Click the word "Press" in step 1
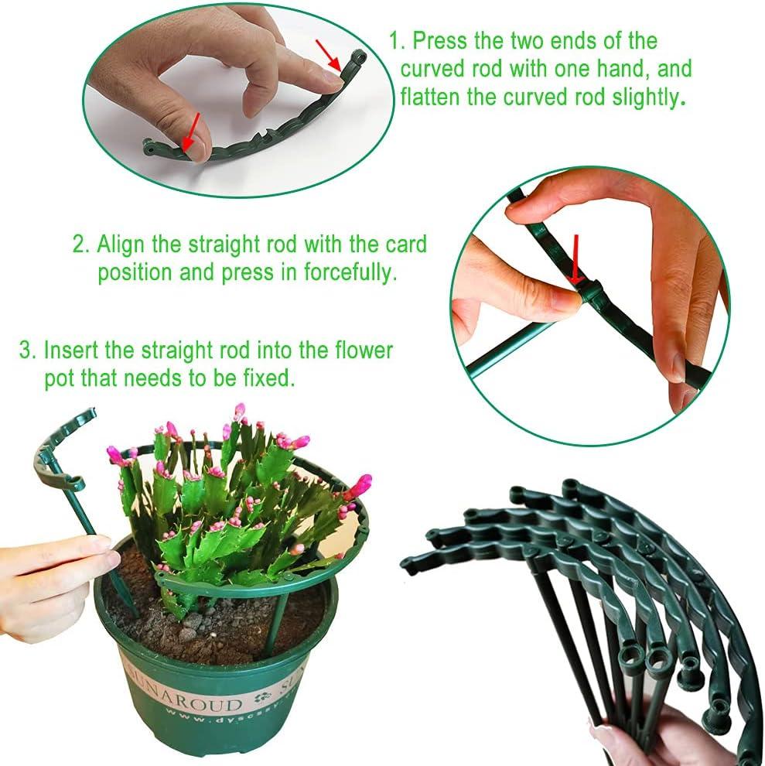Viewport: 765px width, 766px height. point(439,40)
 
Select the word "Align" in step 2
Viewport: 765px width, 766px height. point(120,245)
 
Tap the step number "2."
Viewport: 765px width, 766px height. point(81,245)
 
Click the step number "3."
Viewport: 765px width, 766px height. point(28,351)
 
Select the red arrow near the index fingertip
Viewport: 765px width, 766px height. point(329,54)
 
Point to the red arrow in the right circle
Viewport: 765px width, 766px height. point(576,259)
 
